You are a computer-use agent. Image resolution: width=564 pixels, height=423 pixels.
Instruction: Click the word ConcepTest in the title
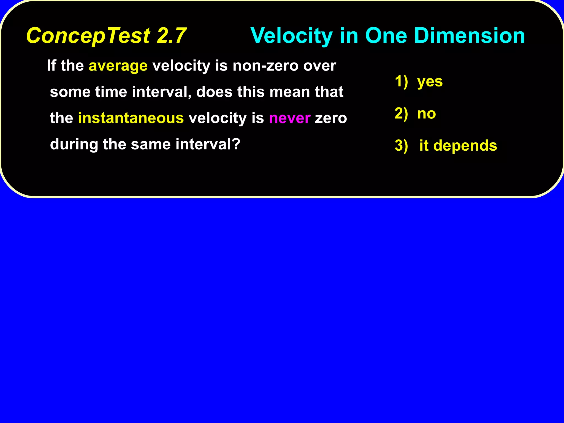point(88,36)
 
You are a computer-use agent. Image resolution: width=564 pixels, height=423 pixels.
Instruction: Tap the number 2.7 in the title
point(171,36)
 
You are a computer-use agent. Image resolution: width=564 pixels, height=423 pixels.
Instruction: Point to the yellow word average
point(118,66)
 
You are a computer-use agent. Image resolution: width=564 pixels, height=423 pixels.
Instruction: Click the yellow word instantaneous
point(131,118)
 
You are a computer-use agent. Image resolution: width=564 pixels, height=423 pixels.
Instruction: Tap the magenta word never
point(289,118)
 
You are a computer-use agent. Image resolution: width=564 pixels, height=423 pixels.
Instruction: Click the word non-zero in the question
point(265,66)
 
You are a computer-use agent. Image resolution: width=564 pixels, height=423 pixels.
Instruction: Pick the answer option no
point(426,114)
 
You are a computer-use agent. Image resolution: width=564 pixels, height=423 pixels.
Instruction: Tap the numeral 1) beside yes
point(401,82)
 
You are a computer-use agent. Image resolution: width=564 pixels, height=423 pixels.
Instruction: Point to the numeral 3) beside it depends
point(401,146)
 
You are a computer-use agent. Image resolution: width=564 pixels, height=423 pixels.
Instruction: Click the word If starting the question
point(51,66)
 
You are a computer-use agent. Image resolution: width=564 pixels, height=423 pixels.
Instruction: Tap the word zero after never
point(330,118)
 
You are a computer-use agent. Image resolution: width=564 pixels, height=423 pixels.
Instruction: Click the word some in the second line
point(70,92)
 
